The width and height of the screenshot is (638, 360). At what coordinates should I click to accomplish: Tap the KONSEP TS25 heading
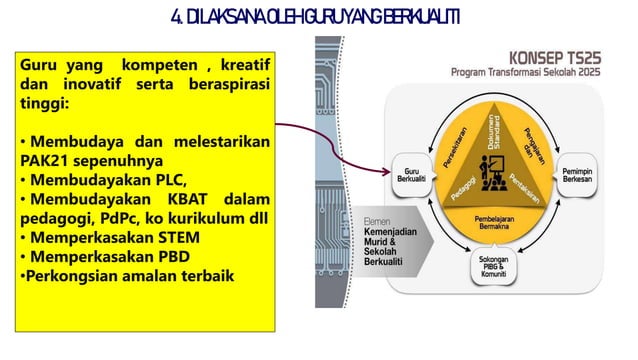point(555,58)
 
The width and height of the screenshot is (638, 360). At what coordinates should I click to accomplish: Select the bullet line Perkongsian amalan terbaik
point(125,275)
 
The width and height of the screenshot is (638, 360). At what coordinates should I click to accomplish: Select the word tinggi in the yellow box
point(45,103)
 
